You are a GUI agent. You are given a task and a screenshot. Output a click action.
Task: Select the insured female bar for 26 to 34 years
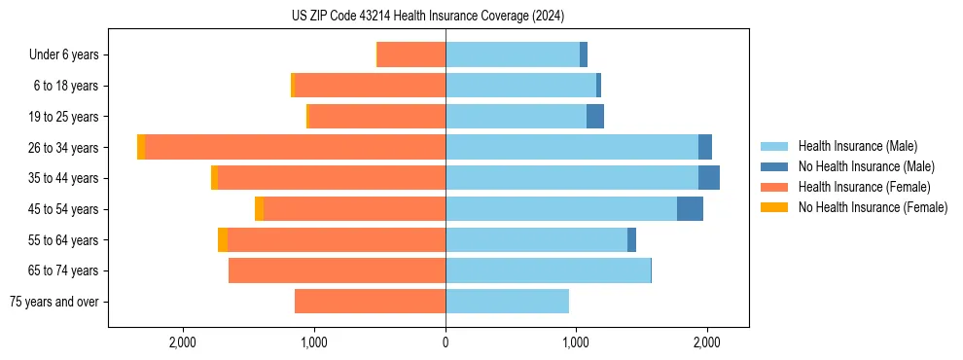[295, 147]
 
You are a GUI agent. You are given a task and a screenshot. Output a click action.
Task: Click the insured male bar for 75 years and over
[507, 302]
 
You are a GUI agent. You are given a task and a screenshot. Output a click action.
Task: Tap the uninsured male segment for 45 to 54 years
[690, 208]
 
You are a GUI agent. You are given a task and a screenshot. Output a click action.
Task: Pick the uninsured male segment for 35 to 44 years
[709, 178]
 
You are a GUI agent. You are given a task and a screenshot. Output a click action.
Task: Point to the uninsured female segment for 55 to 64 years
[223, 239]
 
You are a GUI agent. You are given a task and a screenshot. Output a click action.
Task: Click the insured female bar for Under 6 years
[411, 54]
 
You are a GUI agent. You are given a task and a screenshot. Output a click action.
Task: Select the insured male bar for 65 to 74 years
[548, 270]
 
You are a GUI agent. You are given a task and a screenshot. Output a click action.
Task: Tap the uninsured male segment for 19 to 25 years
[595, 117]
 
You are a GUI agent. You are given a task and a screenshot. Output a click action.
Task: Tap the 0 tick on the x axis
[446, 342]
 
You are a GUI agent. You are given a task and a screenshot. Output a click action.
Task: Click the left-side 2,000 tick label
[183, 342]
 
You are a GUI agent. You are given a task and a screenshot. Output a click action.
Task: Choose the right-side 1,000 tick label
[576, 342]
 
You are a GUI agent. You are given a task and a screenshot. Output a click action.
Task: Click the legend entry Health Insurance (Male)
[857, 146]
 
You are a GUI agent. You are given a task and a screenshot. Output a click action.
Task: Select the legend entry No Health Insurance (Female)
[873, 207]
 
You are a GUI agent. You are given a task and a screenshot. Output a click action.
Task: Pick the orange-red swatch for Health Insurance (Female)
[774, 187]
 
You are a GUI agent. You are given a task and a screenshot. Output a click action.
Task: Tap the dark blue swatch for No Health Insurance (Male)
[774, 166]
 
